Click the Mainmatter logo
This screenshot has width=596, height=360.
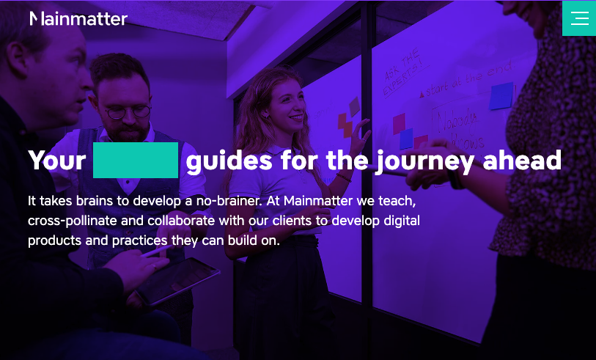[x=78, y=18]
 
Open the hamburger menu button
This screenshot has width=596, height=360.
[x=579, y=18]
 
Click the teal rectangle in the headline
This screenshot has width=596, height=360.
[x=136, y=161]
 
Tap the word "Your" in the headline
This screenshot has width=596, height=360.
[x=57, y=161]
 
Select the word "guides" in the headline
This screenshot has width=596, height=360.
[x=229, y=161]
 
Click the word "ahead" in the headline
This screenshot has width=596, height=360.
[x=522, y=161]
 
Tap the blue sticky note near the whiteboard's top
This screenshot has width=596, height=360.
[x=502, y=95]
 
